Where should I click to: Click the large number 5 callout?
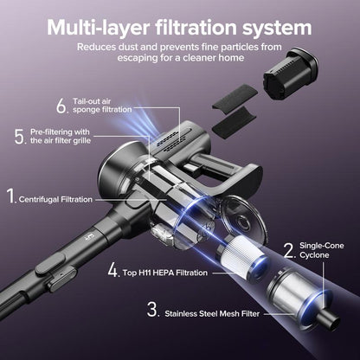coord(20,137)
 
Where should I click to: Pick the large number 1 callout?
coord(11,196)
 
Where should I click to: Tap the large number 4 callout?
coord(112,269)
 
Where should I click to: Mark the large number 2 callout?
coord(288,251)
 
